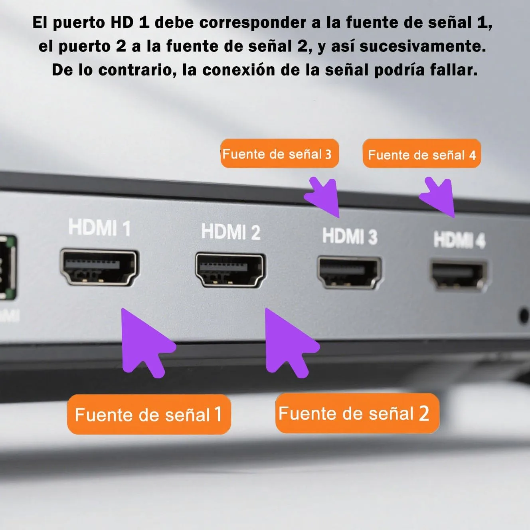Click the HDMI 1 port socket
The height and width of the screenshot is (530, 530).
99,267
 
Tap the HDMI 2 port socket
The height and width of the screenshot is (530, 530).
230,270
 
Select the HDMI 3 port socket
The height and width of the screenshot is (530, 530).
349,273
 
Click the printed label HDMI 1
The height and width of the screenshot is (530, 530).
99,228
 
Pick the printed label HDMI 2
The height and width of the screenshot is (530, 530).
231,232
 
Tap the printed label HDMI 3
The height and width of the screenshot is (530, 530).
350,236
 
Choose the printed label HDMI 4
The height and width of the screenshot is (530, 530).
459,240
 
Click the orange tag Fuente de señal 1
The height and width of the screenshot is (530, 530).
149,414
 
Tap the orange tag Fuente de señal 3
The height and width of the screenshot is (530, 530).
279,154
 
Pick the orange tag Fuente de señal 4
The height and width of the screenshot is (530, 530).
421,154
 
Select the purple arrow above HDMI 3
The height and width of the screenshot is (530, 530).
324,197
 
